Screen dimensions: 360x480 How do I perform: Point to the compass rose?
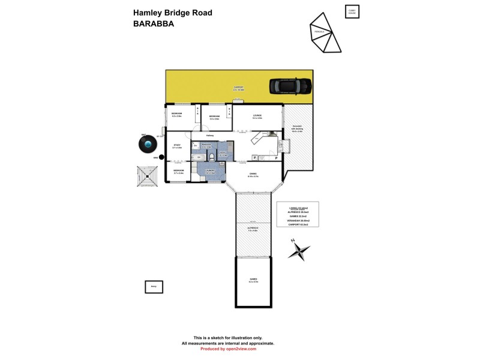point(299,250)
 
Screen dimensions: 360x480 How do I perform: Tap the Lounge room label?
point(257,116)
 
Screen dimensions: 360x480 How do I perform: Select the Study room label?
point(177,146)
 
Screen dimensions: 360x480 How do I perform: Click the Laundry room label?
point(209,173)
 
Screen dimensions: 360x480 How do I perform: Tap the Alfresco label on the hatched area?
point(253,229)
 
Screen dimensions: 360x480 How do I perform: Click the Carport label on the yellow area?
point(238,89)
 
